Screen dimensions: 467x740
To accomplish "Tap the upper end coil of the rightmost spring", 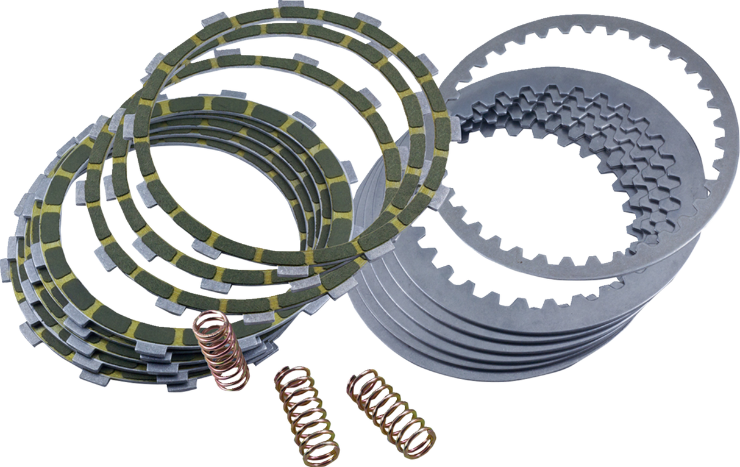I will [360, 378].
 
